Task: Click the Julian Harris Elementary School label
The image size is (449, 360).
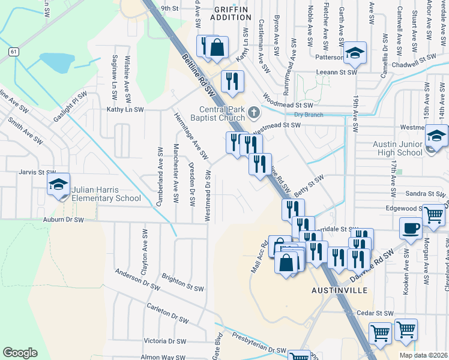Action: point(106,194)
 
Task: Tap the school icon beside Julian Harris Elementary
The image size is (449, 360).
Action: point(59,184)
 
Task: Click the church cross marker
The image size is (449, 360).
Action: point(254,112)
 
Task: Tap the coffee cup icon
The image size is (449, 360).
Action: point(411,229)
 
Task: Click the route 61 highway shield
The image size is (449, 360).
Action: point(13,52)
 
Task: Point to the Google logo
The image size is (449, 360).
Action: point(20,352)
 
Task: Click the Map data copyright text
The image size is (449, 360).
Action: point(423,355)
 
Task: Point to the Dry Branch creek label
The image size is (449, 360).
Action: point(309,115)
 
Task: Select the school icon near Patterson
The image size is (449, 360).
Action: point(355,53)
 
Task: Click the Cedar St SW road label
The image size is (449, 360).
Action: point(374,313)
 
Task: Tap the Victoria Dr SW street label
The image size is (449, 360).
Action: point(164,341)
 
